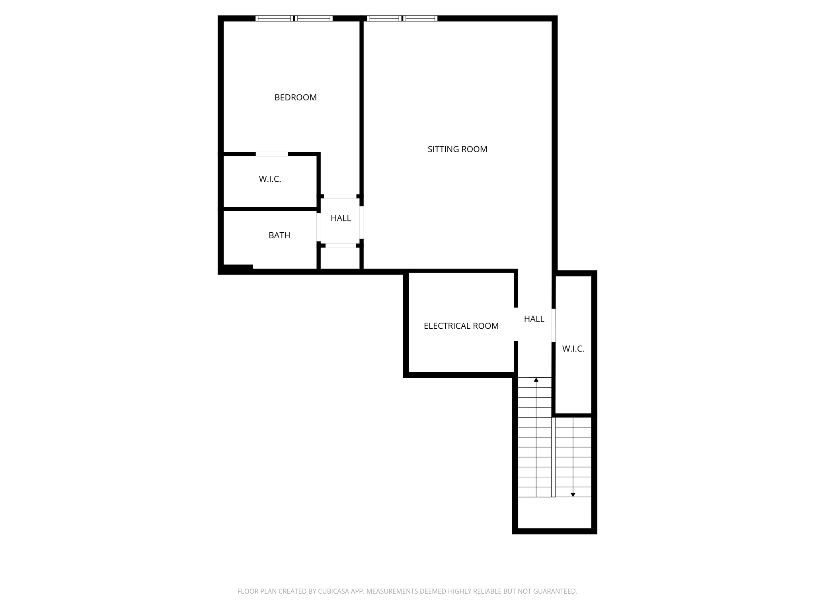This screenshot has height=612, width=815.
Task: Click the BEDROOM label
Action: click(295, 98)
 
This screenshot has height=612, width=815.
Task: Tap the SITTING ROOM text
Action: click(457, 149)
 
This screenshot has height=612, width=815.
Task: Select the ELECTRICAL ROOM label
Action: click(461, 326)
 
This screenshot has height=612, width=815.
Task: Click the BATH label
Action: click(279, 235)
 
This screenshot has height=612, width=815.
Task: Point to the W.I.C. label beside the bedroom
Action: click(270, 179)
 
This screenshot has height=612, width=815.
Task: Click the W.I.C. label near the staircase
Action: click(573, 349)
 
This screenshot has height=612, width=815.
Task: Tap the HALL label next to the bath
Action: click(341, 218)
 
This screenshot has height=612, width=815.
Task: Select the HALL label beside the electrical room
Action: click(534, 319)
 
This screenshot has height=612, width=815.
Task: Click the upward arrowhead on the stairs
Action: click(536, 380)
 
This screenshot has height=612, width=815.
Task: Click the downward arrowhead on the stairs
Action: click(573, 494)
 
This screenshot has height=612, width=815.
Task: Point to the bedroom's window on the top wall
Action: click(294, 18)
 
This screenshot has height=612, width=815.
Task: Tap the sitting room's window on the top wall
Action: click(402, 18)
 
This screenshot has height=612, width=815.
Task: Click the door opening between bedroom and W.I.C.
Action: click(271, 154)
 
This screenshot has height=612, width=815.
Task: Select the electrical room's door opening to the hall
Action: click(516, 324)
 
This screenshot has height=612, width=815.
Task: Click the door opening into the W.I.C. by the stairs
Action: click(553, 325)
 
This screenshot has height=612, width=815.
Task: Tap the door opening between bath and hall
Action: click(318, 227)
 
